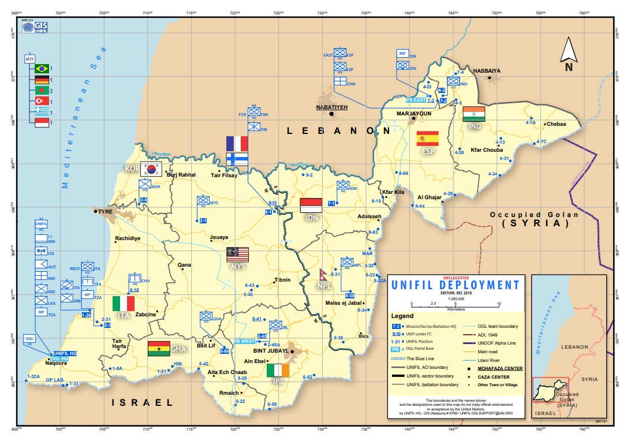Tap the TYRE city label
104,212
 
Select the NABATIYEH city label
330,107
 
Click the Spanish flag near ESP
427,139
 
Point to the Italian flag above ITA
123,303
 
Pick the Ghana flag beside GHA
159,349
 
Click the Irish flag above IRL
277,370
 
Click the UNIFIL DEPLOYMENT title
455,285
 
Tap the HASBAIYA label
487,70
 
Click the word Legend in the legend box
402,316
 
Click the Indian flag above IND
473,114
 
